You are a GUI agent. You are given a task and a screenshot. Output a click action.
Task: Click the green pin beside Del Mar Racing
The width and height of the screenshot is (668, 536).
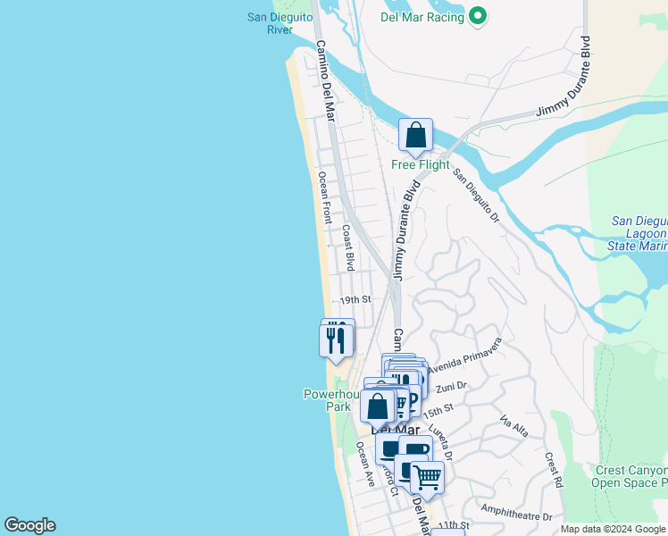pyautogui.click(x=478, y=17)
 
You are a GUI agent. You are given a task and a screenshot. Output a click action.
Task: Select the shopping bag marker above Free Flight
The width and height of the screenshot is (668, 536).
pyautogui.click(x=415, y=137)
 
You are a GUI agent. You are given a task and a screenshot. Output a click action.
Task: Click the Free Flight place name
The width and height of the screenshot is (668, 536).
pyautogui.click(x=421, y=164)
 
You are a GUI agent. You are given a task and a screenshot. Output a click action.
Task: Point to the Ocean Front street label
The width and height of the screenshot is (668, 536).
pyautogui.click(x=325, y=198)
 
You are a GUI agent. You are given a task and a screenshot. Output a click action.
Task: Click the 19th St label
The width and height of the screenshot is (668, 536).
pyautogui.click(x=355, y=299)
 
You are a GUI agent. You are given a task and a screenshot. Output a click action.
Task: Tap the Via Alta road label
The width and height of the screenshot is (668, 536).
pyautogui.click(x=514, y=428)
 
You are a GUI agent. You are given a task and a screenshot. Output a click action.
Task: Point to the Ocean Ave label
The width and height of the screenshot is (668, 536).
pyautogui.click(x=365, y=464)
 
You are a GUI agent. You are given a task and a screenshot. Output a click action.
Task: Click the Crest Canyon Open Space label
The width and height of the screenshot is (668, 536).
pyautogui.click(x=630, y=477)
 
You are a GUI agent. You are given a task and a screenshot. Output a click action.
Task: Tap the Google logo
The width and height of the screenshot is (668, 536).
pyautogui.click(x=29, y=525)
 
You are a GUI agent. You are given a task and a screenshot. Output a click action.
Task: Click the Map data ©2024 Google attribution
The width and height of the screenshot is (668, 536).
pyautogui.click(x=612, y=529)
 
